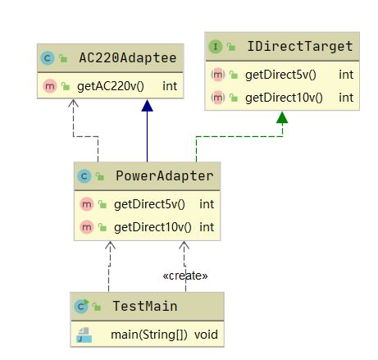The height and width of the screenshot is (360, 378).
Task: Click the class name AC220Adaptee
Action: tap(128, 58)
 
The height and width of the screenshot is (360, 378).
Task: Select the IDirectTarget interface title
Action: tap(300, 46)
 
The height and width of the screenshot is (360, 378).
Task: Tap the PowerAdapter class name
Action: tap(165, 175)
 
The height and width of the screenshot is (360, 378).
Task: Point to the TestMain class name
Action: tap(145, 306)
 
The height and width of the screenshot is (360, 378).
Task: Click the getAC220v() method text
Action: tap(111, 86)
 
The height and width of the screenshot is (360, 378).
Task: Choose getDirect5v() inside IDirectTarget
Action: tap(280, 75)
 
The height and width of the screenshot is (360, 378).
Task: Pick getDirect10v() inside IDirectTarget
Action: tap(284, 98)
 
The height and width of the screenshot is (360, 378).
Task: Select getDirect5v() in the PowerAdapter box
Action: tap(149, 204)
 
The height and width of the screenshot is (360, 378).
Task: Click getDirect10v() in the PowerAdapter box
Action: tap(153, 227)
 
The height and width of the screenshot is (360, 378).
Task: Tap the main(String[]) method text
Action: tap(149, 335)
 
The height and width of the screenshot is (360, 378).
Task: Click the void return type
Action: tap(206, 335)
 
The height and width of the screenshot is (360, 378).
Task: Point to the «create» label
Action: tap(185, 276)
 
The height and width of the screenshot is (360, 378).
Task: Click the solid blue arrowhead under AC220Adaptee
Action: tap(147, 106)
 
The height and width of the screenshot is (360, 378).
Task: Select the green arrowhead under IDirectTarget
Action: tap(282, 117)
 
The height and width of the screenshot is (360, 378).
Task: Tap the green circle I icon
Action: tap(216, 47)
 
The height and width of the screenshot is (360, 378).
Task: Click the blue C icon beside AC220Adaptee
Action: tap(48, 58)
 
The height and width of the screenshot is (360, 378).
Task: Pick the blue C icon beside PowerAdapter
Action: tap(84, 176)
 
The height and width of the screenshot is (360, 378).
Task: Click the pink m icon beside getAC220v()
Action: tap(50, 86)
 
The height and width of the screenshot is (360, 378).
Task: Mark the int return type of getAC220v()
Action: tap(170, 86)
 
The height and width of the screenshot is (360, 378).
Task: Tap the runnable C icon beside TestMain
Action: tap(81, 306)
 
